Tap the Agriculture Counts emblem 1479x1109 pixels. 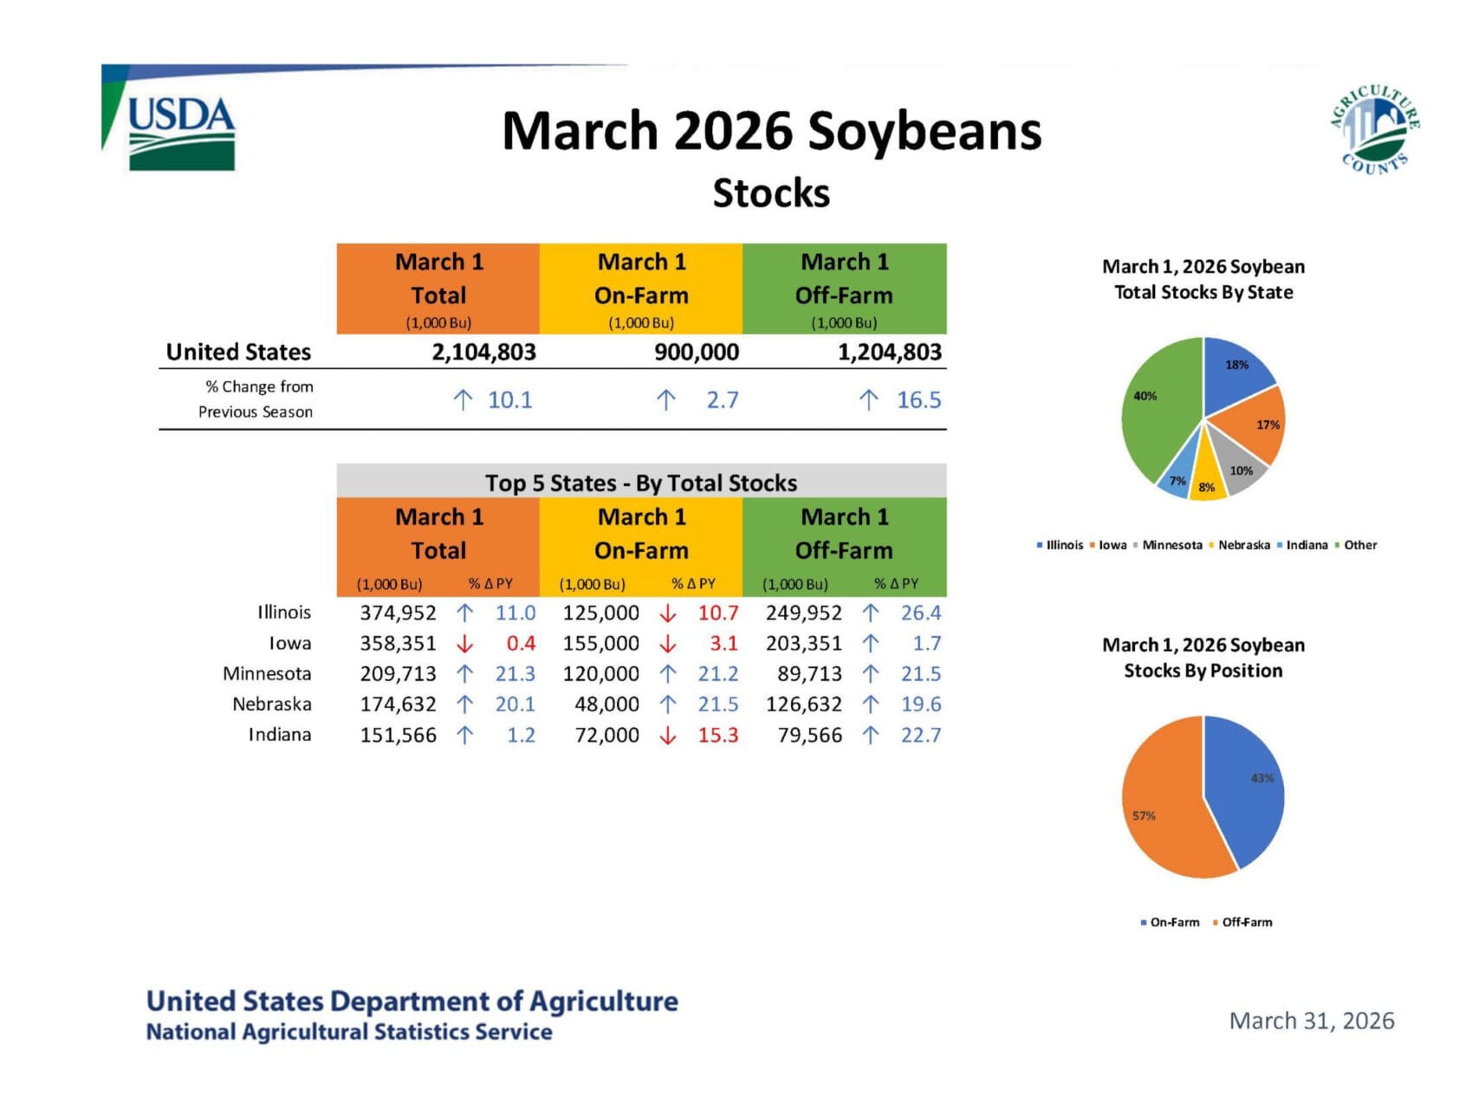[x=1375, y=129]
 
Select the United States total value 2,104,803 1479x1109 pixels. [x=483, y=352]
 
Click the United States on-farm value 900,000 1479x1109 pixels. [x=697, y=352]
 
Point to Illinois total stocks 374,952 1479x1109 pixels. [x=398, y=613]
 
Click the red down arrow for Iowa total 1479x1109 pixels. [x=465, y=644]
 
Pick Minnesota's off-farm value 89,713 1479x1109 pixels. [x=809, y=674]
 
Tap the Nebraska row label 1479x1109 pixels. [x=271, y=704]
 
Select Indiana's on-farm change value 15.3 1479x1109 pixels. [x=718, y=735]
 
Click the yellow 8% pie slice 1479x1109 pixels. [x=1207, y=482]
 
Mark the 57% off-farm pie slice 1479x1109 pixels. [x=1161, y=810]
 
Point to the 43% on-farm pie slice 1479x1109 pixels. [x=1248, y=784]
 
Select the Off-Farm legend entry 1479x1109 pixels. [x=1246, y=922]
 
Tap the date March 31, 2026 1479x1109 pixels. [x=1311, y=1021]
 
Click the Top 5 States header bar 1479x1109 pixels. [x=641, y=483]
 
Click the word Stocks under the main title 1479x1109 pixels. [x=771, y=193]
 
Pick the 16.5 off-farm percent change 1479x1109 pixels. [x=918, y=400]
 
